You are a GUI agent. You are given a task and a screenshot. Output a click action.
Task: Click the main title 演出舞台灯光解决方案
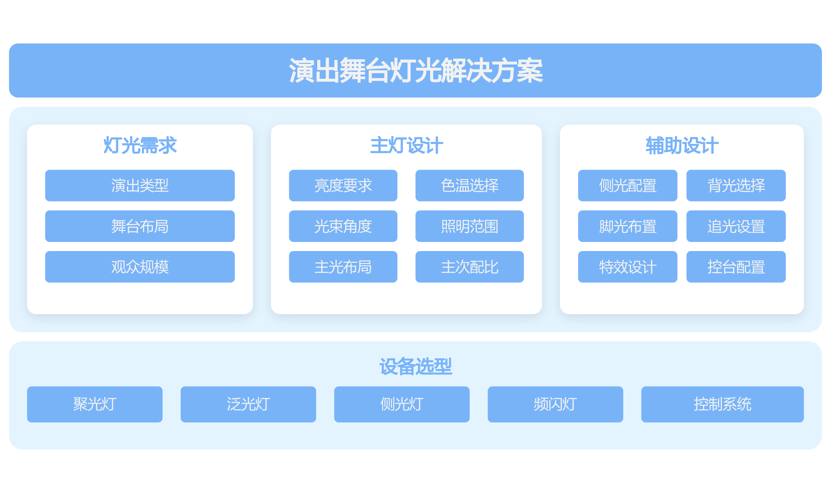click(x=415, y=70)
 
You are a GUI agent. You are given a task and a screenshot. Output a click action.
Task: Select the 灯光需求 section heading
click(x=140, y=146)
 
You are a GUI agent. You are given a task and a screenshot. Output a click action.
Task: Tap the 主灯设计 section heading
click(x=406, y=146)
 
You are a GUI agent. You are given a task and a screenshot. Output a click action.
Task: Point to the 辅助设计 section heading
click(x=682, y=146)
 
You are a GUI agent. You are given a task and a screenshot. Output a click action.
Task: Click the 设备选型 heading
click(x=415, y=367)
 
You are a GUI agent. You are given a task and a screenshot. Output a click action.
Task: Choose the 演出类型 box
click(x=140, y=186)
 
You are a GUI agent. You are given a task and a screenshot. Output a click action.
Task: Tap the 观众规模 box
click(x=140, y=267)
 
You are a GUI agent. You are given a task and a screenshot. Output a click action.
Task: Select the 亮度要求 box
click(x=343, y=186)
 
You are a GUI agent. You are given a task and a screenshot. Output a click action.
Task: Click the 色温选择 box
click(x=470, y=186)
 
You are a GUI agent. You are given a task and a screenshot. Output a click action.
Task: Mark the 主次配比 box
click(x=470, y=267)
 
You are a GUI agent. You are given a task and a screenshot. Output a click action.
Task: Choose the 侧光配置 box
click(x=627, y=186)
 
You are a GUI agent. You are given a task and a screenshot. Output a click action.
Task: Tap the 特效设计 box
click(x=627, y=267)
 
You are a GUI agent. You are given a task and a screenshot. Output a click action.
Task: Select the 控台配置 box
click(x=736, y=267)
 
